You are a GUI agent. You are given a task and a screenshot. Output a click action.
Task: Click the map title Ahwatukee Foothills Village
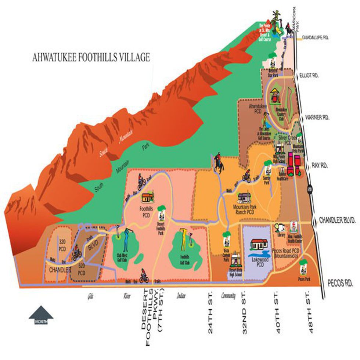tap(91, 58)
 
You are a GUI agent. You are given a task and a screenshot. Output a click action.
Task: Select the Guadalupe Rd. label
tap(317, 37)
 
